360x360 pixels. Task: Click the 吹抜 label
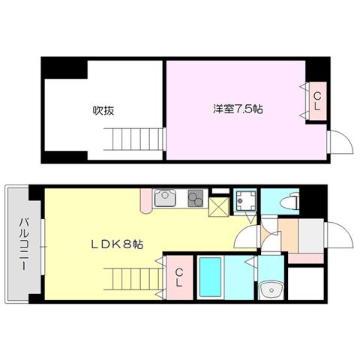pyautogui.click(x=103, y=110)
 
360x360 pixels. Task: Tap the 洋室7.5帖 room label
pyautogui.click(x=238, y=109)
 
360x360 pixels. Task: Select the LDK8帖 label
pyautogui.click(x=116, y=244)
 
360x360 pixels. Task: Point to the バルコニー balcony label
pyautogui.click(x=25, y=244)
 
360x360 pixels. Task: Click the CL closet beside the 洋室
pyautogui.click(x=317, y=101)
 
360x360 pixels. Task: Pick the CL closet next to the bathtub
pyautogui.click(x=179, y=277)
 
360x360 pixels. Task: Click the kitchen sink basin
pyautogui.click(x=164, y=197)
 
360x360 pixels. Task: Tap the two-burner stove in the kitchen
pyautogui.click(x=196, y=198)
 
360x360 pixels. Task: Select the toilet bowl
pyautogui.click(x=290, y=201)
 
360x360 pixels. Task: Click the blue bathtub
pyautogui.click(x=211, y=277)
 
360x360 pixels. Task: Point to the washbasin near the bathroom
pyautogui.click(x=271, y=289)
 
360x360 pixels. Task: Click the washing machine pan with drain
pyautogui.click(x=244, y=201)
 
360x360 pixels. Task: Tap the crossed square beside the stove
pyautogui.click(x=219, y=207)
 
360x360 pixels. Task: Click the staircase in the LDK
pyautogui.click(x=133, y=279)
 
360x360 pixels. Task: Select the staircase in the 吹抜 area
pyautogui.click(x=133, y=139)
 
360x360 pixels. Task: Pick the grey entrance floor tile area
pyautogui.click(x=311, y=236)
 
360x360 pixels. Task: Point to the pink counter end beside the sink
pyautogui.click(x=146, y=201)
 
